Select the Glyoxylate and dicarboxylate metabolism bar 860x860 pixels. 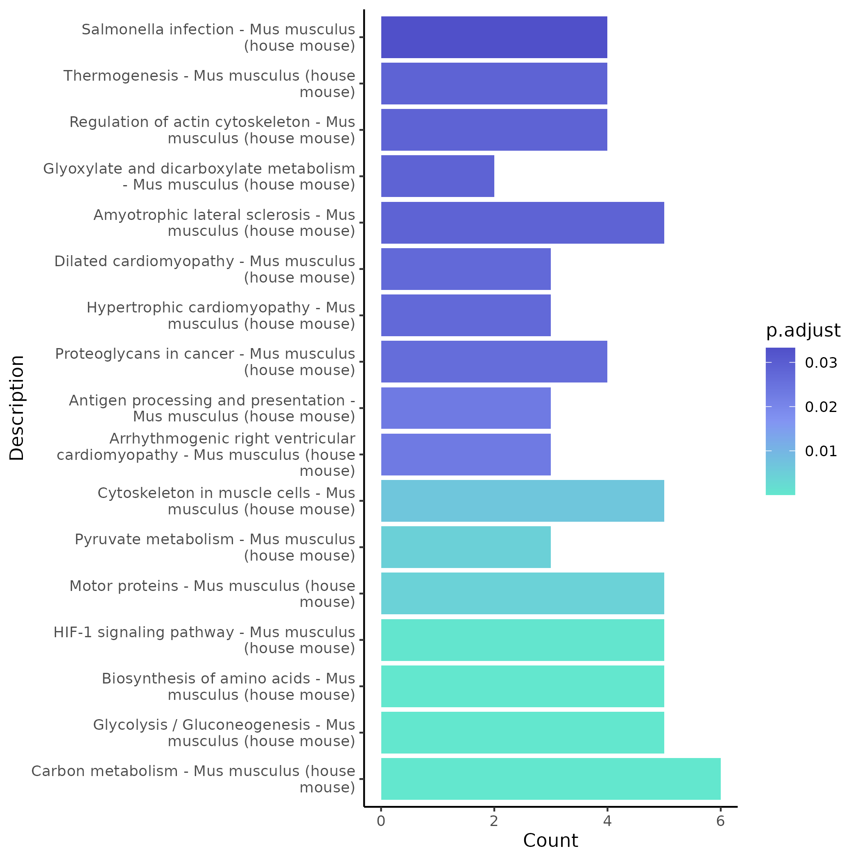tap(437, 176)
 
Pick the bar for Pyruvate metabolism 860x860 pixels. tap(466, 547)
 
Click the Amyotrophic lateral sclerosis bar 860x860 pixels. tap(522, 222)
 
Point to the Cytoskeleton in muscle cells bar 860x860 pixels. tap(522, 501)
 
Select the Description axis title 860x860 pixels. tap(17, 408)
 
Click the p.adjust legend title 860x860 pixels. tap(803, 331)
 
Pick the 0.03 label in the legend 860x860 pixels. tap(821, 363)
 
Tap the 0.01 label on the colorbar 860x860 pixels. tap(821, 451)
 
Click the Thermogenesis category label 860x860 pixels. tap(209, 84)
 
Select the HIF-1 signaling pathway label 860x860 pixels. tap(204, 640)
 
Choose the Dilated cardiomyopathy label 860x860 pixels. tap(205, 269)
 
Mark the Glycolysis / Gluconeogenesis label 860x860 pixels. tap(224, 733)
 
